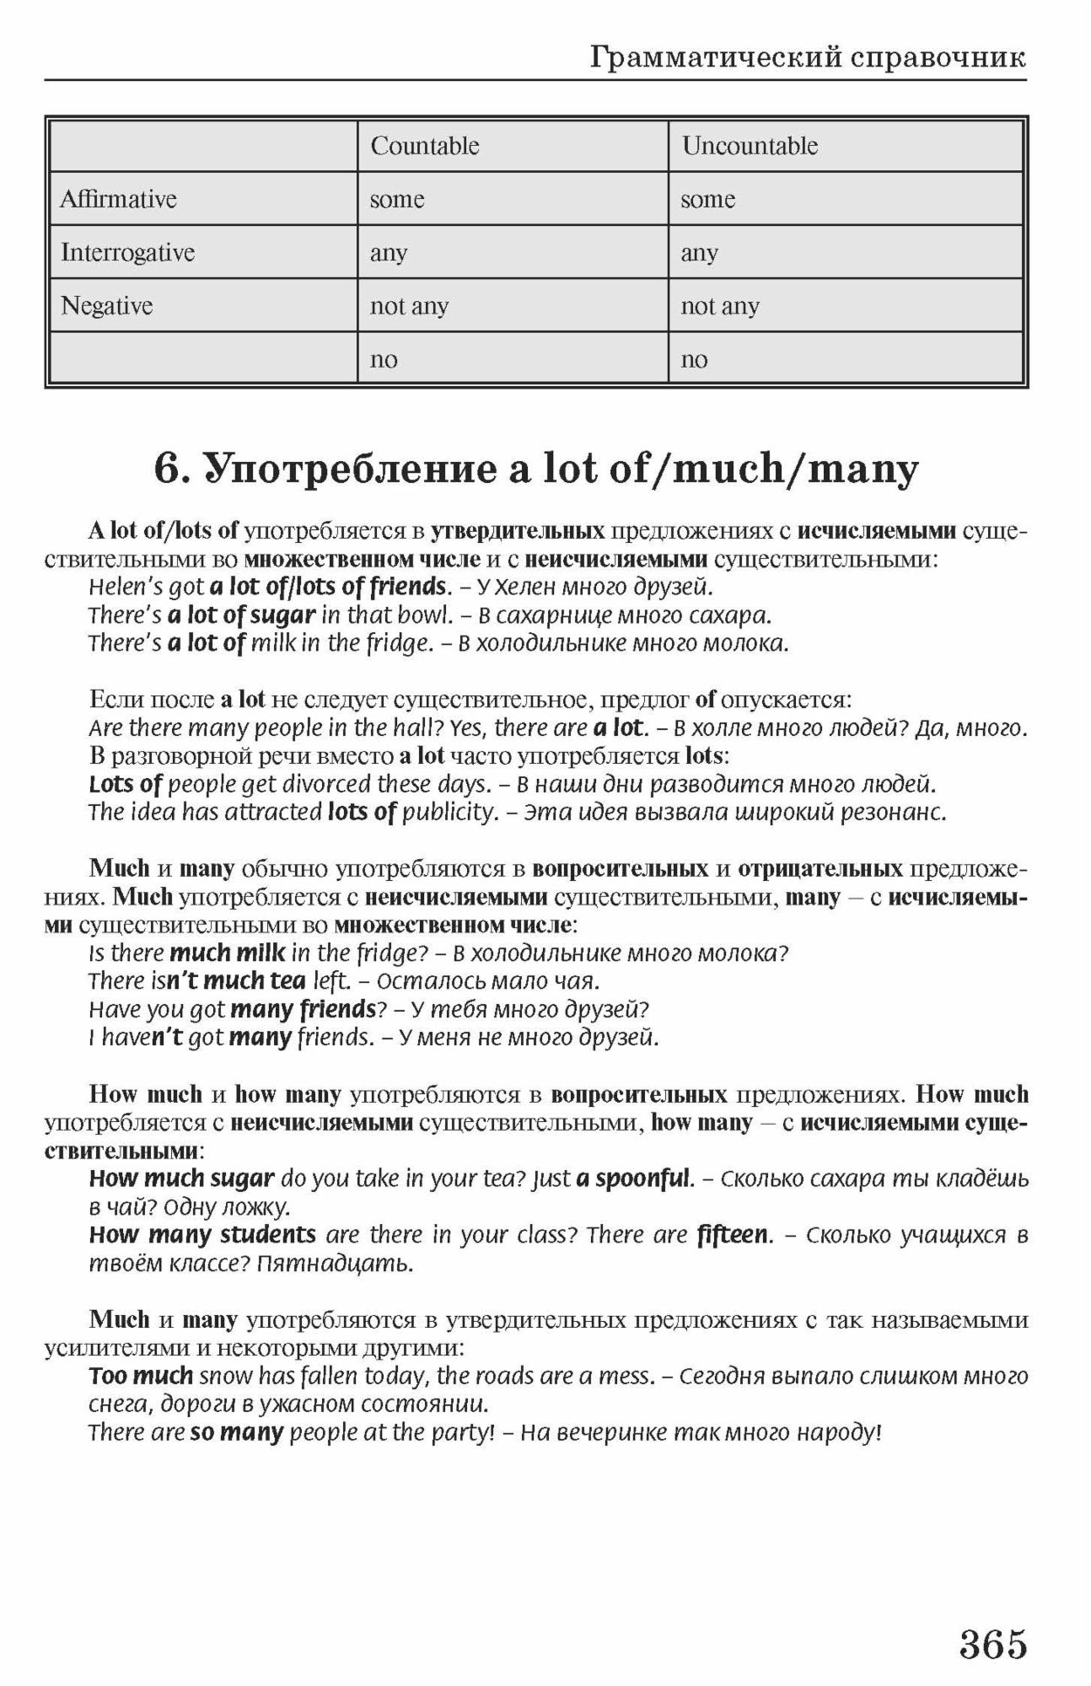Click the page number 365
(x=992, y=1644)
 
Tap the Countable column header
(x=424, y=146)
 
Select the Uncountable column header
(x=750, y=146)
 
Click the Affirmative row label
(x=118, y=199)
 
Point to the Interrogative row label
(x=127, y=252)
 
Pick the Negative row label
(x=106, y=305)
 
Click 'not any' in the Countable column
(x=409, y=306)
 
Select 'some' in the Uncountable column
(x=707, y=200)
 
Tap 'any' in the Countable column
(x=388, y=253)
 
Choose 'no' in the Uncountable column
(x=694, y=360)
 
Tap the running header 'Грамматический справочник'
(x=808, y=57)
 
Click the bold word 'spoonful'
(x=643, y=1179)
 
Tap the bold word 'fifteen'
(x=734, y=1235)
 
